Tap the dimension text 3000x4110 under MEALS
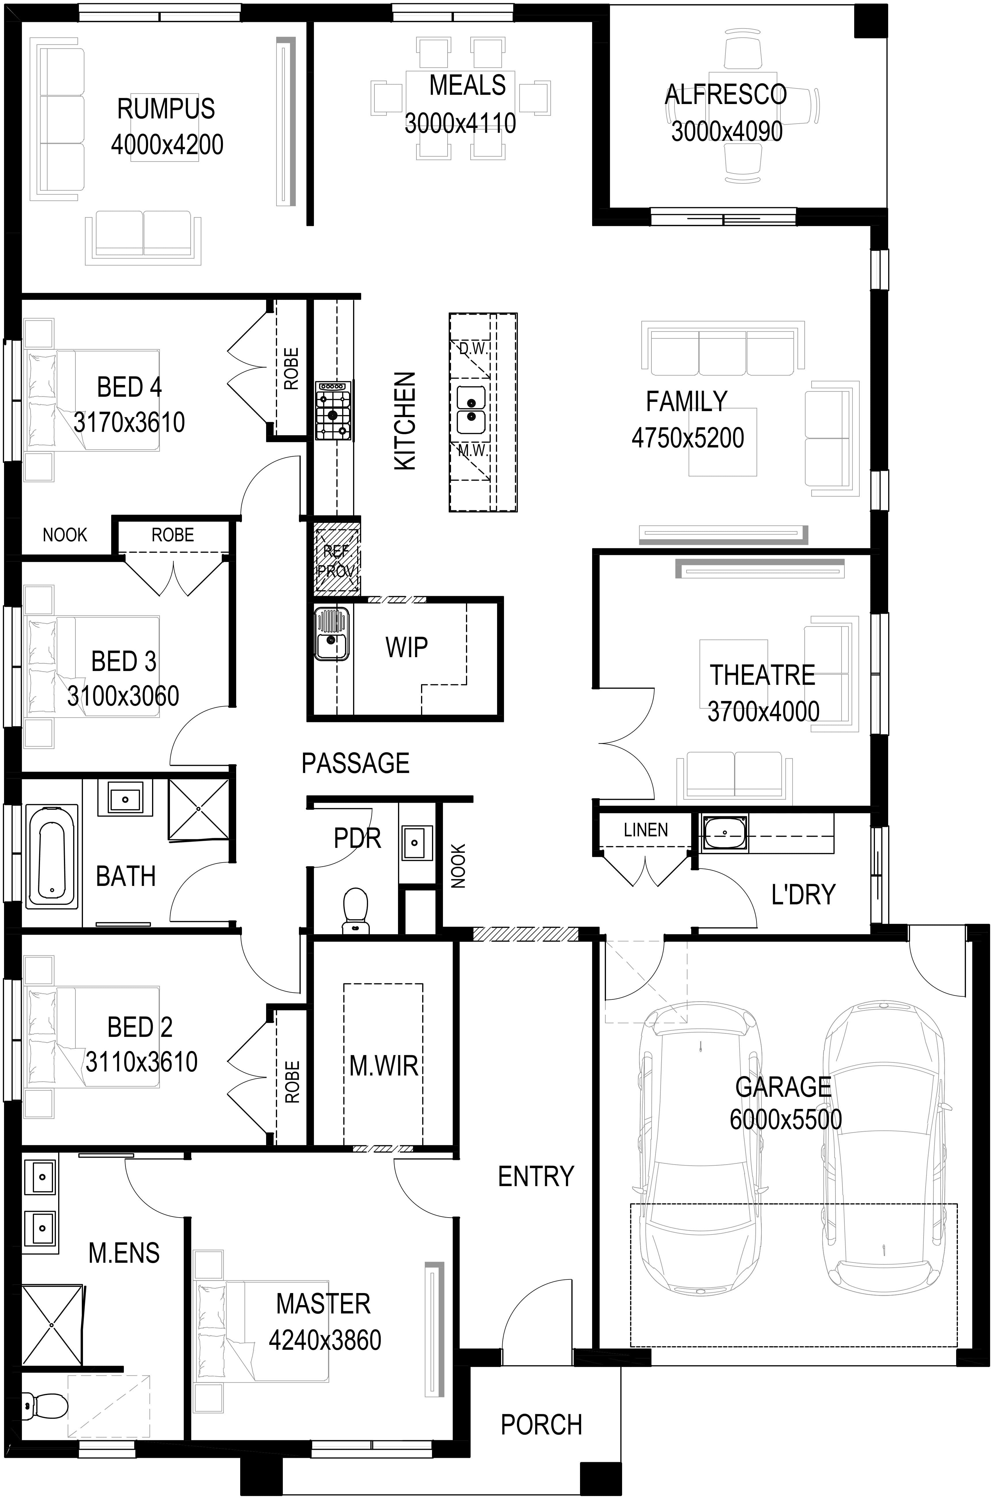pos(461,123)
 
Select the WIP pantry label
pos(407,647)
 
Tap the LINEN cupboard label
pos(645,830)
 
